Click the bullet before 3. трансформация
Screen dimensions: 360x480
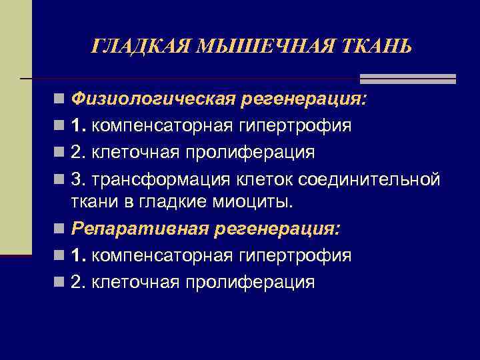(60, 180)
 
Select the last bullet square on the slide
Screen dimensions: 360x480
(60, 283)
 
